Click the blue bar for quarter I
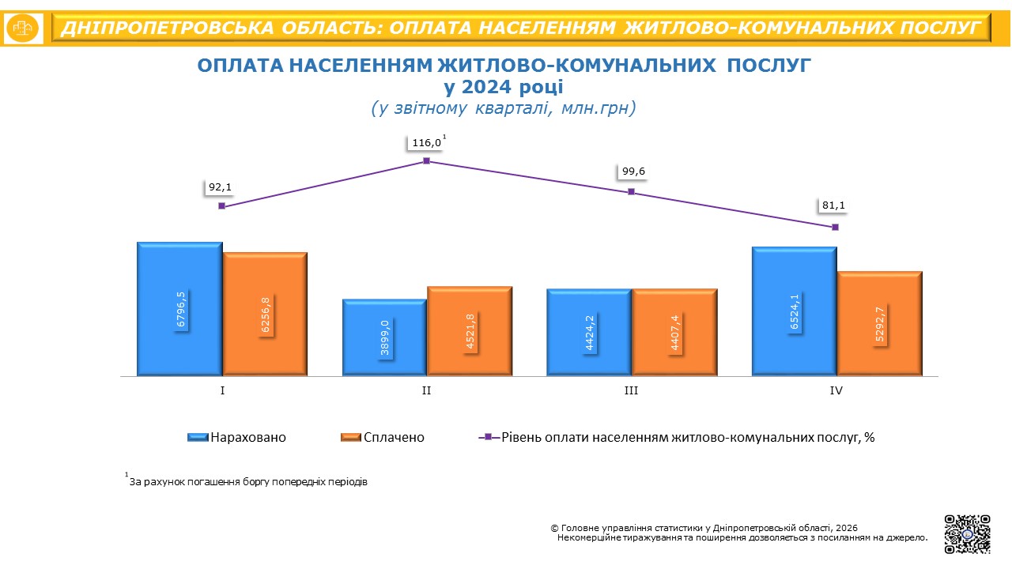tap(179, 308)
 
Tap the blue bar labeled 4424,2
tap(589, 332)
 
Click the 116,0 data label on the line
tap(426, 143)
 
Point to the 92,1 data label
tap(221, 188)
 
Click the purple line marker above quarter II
tap(426, 160)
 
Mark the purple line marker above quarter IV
tap(835, 227)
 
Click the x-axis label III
tap(631, 390)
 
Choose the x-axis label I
tap(222, 390)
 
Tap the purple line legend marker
tap(488, 437)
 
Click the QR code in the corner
tap(967, 534)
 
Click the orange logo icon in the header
tap(24, 28)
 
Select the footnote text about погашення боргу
tap(247, 480)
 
